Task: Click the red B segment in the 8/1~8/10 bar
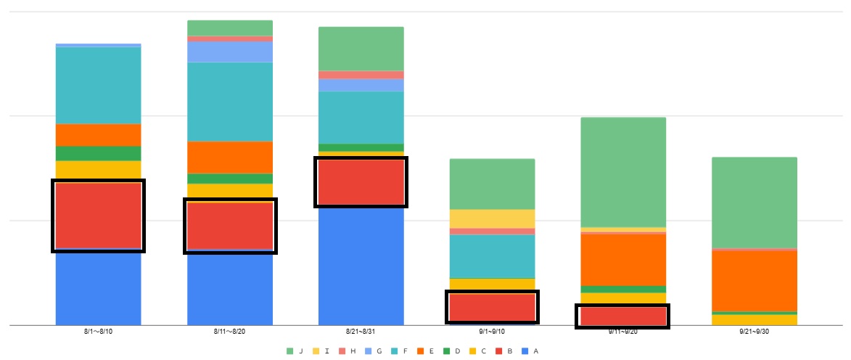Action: coord(98,216)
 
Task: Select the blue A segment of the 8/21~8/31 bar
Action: coord(361,266)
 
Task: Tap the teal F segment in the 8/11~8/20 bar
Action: coord(230,101)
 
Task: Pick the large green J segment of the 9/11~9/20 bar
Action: coord(623,172)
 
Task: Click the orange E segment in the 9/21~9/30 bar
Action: coord(755,281)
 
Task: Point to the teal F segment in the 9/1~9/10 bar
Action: coord(492,256)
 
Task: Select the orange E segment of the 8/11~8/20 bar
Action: coord(230,157)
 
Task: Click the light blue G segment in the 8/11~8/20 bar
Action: coord(230,52)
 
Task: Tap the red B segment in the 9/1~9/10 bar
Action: coord(492,307)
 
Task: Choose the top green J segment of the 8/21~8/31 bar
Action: coord(361,49)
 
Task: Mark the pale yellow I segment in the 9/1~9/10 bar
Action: coord(492,218)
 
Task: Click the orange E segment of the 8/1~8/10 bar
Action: coord(98,134)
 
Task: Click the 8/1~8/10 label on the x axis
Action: coord(98,332)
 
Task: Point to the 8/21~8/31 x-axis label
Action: coord(361,332)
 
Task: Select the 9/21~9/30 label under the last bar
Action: coord(755,332)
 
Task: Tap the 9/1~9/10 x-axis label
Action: coord(492,332)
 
